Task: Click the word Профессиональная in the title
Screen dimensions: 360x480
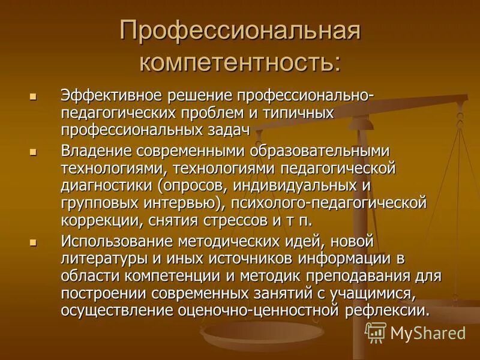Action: [x=240, y=31]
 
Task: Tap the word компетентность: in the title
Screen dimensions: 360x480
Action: [x=240, y=62]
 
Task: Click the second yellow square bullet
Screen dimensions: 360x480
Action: [x=33, y=152]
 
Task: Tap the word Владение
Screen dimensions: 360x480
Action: [x=95, y=150]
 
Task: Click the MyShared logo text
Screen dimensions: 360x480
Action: [x=428, y=334]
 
